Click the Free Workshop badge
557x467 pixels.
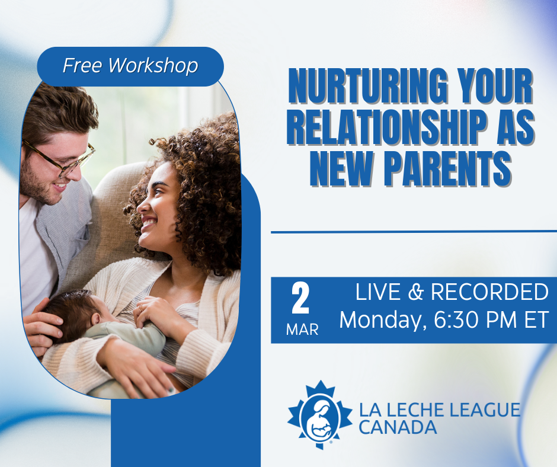pyautogui.click(x=130, y=66)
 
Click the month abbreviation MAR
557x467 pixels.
pyautogui.click(x=302, y=330)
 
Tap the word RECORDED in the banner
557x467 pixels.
pyautogui.click(x=489, y=292)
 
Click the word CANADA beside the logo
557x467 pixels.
pyautogui.click(x=398, y=427)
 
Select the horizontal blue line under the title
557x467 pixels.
pyautogui.click(x=414, y=232)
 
